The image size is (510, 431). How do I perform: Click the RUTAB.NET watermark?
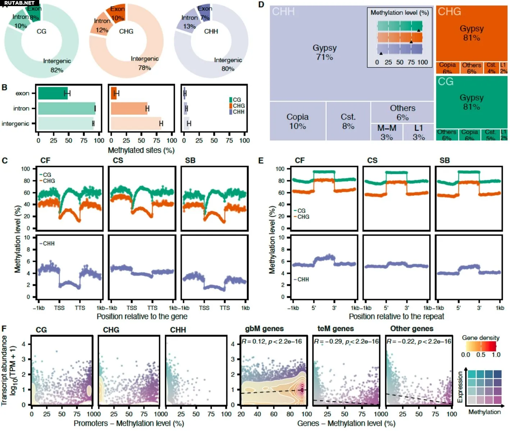[x=19, y=3]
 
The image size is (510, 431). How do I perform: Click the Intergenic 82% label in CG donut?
[x=57, y=65]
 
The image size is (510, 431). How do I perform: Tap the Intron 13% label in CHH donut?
[x=189, y=22]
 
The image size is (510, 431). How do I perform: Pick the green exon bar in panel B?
[x=53, y=93]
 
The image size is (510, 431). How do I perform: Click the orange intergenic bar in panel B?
[x=136, y=123]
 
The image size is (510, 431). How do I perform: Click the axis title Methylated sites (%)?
[x=141, y=150]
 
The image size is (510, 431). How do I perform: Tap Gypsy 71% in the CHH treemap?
[x=324, y=53]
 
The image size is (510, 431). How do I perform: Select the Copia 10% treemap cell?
[x=297, y=122]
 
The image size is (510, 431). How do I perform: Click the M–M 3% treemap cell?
[x=387, y=132]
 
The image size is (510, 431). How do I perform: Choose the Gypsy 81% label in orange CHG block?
[x=472, y=33]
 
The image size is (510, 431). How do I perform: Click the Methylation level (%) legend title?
[x=400, y=13]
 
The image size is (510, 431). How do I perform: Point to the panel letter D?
[x=261, y=5]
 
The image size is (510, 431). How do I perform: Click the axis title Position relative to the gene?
[x=142, y=317]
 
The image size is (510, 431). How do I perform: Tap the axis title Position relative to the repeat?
[x=396, y=317]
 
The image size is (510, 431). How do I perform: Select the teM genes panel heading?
[x=336, y=328]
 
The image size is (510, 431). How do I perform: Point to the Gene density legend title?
[x=481, y=338]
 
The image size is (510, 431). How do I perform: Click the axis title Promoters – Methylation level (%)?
[x=129, y=423]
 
